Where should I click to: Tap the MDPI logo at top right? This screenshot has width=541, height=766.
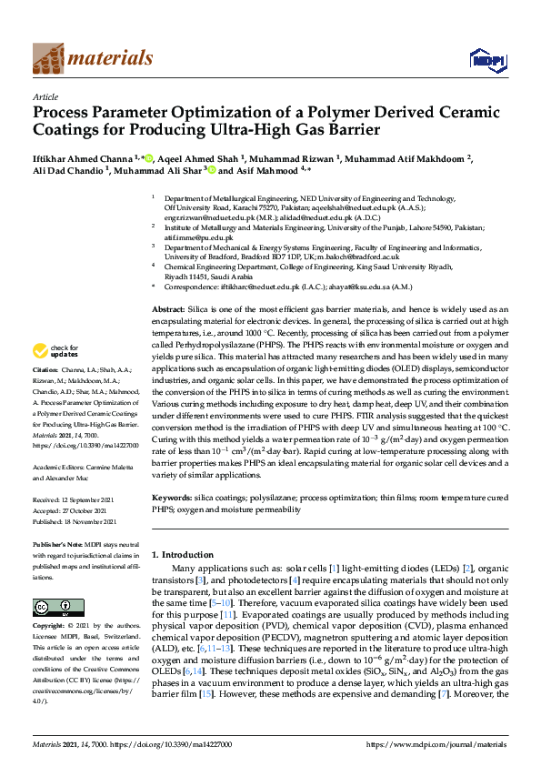click(x=486, y=61)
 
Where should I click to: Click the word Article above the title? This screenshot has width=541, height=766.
click(x=45, y=96)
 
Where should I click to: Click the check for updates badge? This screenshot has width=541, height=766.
click(x=55, y=351)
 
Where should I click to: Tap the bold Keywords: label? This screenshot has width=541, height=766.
click(x=172, y=499)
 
